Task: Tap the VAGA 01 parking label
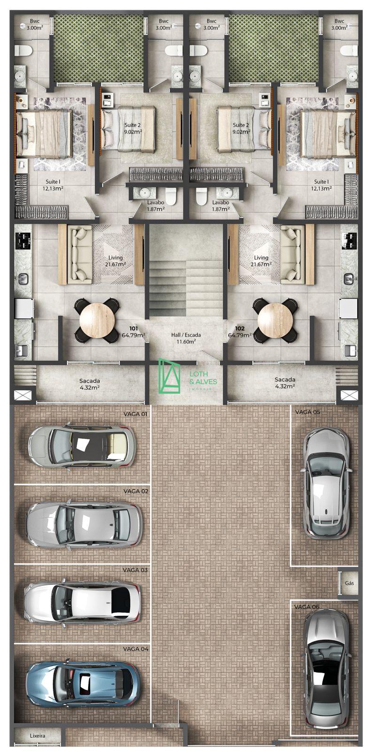click(135, 414)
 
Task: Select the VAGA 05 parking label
click(307, 412)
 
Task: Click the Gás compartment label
click(349, 582)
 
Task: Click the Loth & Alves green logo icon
click(169, 375)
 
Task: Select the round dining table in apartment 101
click(97, 320)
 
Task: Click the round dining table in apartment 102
click(276, 320)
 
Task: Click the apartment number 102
click(240, 329)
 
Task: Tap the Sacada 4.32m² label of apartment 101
click(90, 384)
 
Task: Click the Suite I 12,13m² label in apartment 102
click(321, 185)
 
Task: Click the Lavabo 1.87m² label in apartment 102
click(221, 206)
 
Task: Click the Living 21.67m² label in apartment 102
click(261, 261)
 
